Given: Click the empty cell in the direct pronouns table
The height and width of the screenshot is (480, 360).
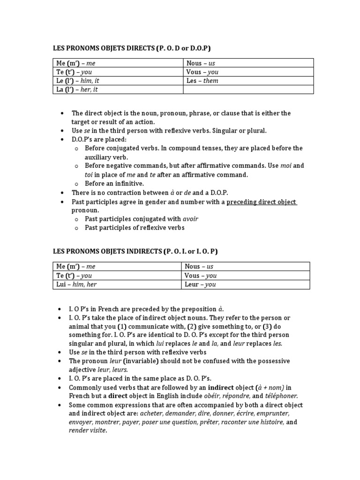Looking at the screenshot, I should point(248,90).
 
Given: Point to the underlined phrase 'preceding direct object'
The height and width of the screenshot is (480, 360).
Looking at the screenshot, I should point(261,202).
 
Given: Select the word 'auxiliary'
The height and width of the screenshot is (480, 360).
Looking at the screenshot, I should point(98,157).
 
